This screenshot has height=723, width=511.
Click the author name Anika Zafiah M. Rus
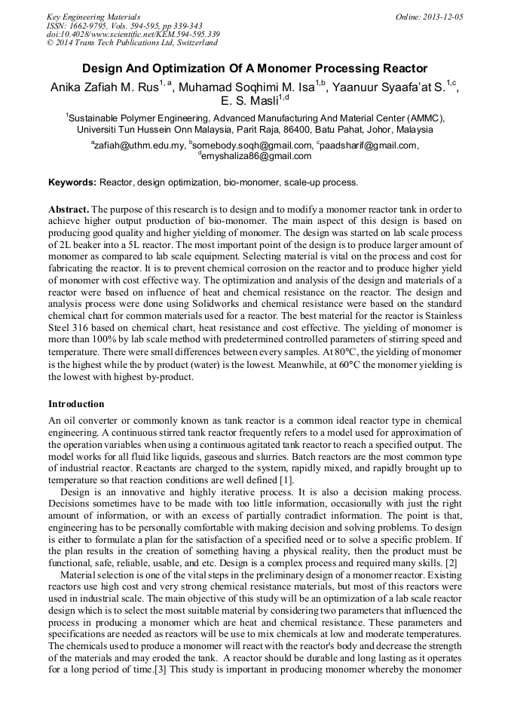103,87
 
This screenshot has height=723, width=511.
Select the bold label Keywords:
72,182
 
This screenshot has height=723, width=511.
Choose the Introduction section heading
76,404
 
